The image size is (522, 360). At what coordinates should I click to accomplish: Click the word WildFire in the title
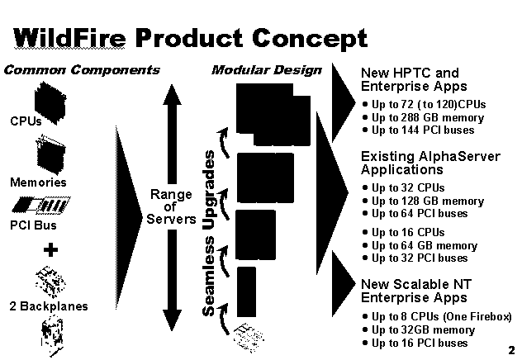click(x=69, y=38)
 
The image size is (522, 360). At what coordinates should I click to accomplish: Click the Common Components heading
click(x=82, y=70)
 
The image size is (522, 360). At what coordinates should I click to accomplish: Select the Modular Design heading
click(x=267, y=70)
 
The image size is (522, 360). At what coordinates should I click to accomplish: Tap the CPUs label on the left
click(x=26, y=121)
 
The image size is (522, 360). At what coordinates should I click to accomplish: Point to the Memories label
click(x=38, y=182)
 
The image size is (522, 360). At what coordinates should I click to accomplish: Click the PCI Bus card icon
click(x=41, y=205)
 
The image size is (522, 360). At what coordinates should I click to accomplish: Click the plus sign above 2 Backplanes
click(x=50, y=250)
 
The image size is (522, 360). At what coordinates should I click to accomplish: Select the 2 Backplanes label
click(x=49, y=306)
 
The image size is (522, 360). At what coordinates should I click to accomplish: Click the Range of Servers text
click(x=171, y=206)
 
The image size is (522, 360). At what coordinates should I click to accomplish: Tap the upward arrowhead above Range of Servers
click(x=172, y=94)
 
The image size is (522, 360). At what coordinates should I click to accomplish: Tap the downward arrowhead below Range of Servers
click(x=172, y=320)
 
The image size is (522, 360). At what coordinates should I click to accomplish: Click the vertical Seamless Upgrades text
click(x=209, y=233)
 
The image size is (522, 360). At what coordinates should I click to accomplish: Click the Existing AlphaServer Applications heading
click(x=430, y=163)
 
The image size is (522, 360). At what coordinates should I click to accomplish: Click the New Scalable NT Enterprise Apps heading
click(x=416, y=291)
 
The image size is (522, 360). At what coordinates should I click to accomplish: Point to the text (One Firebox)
click(x=477, y=316)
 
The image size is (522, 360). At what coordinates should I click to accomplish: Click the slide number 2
click(x=511, y=350)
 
